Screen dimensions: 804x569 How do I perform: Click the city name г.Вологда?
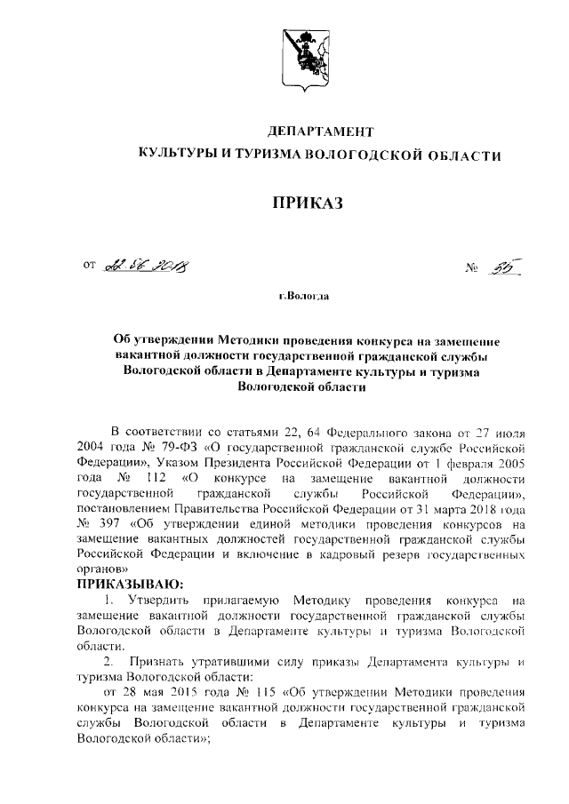pyautogui.click(x=303, y=296)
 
